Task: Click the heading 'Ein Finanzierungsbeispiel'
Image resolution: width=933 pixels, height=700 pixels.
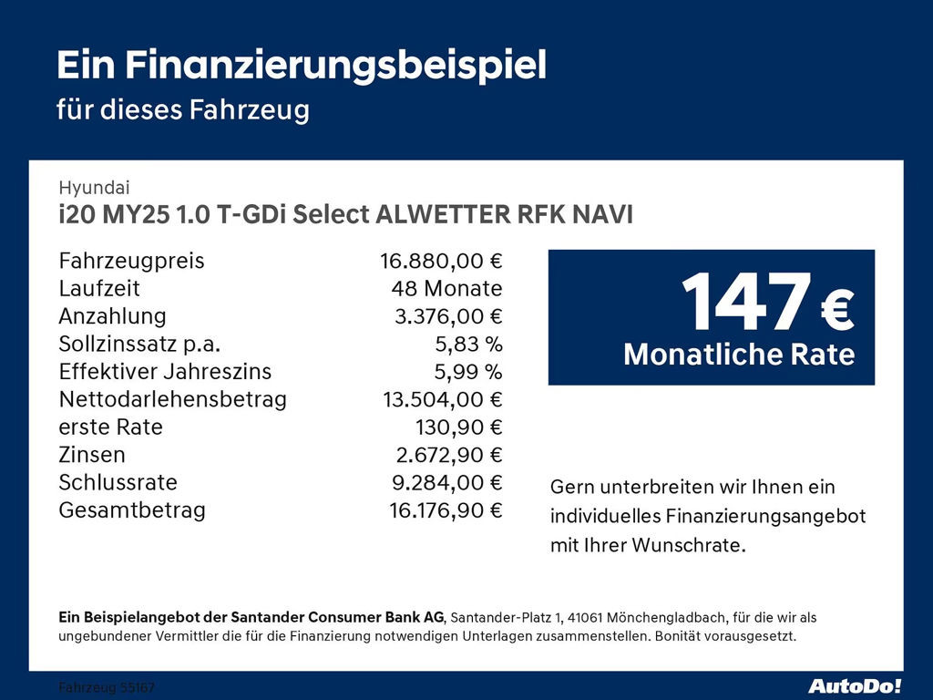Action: (302, 66)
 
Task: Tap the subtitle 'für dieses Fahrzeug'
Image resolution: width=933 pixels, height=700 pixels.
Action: (183, 110)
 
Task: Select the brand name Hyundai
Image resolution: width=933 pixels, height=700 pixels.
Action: (94, 188)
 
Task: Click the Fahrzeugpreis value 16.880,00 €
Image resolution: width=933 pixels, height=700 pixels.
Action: (441, 262)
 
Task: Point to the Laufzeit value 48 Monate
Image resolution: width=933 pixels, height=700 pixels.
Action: (446, 289)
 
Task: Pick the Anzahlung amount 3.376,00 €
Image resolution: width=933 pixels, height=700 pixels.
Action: (447, 317)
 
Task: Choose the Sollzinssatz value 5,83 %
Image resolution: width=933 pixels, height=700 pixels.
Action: (468, 345)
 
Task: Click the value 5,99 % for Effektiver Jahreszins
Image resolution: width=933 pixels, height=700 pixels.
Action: (468, 372)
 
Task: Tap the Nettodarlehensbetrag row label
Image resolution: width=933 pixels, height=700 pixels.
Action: (173, 399)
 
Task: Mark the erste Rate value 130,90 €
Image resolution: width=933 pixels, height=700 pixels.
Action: (459, 427)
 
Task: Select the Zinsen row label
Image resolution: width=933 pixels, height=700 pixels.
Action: (92, 455)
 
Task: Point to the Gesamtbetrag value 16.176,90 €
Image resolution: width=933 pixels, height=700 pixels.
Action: (446, 510)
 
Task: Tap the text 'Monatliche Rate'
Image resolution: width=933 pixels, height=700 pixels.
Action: (739, 355)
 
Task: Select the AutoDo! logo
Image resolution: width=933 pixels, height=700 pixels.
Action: (855, 685)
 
